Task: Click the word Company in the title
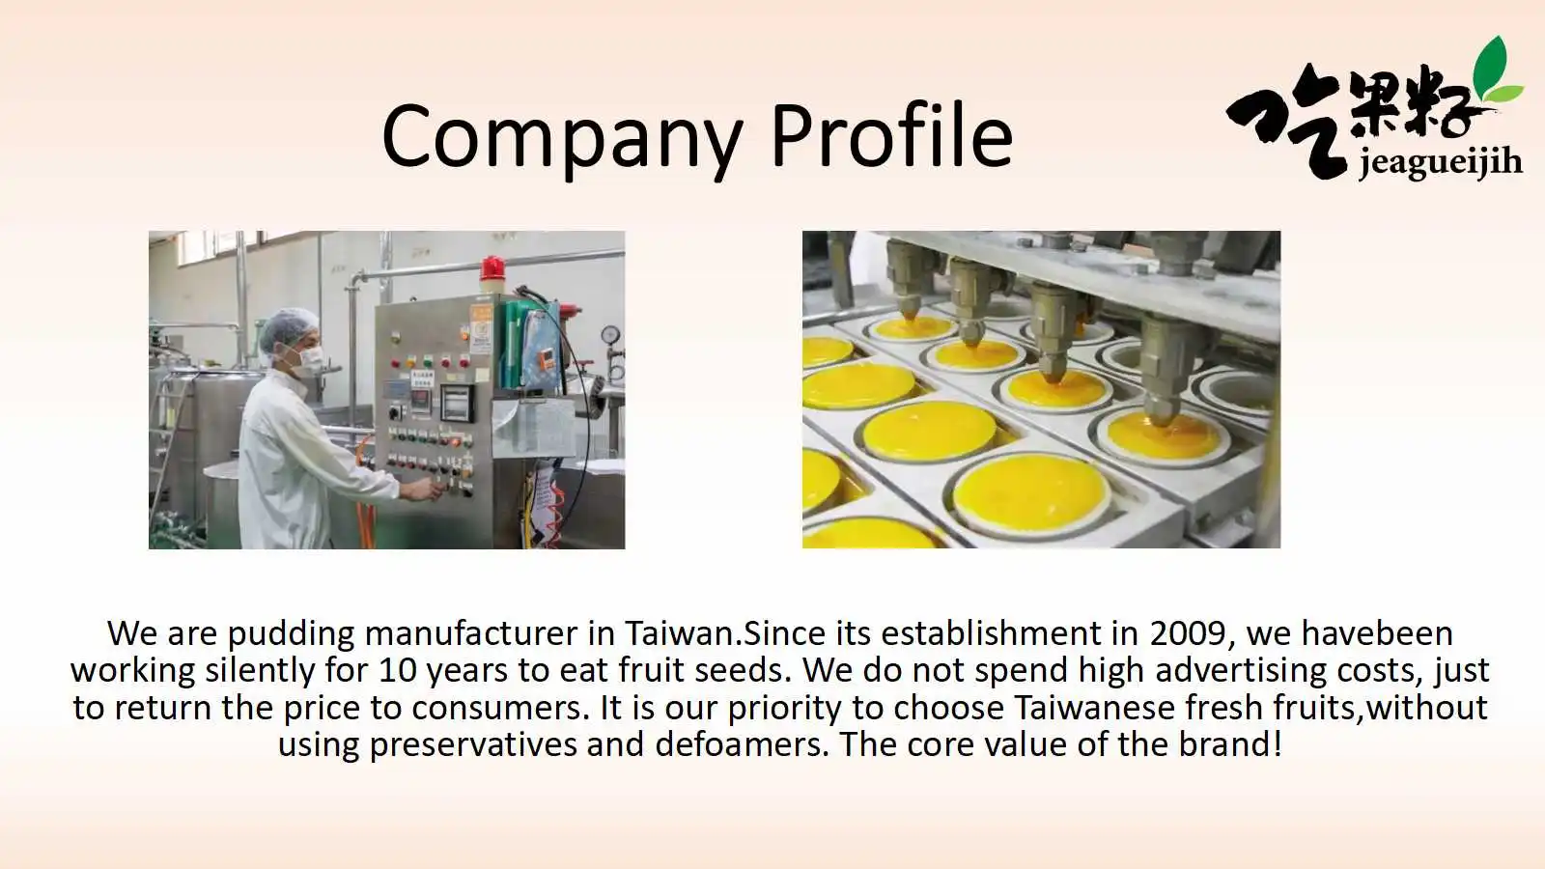[x=561, y=138]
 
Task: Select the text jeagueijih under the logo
[x=1440, y=163]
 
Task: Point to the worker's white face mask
[x=307, y=361]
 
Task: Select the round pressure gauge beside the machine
[x=609, y=334]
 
